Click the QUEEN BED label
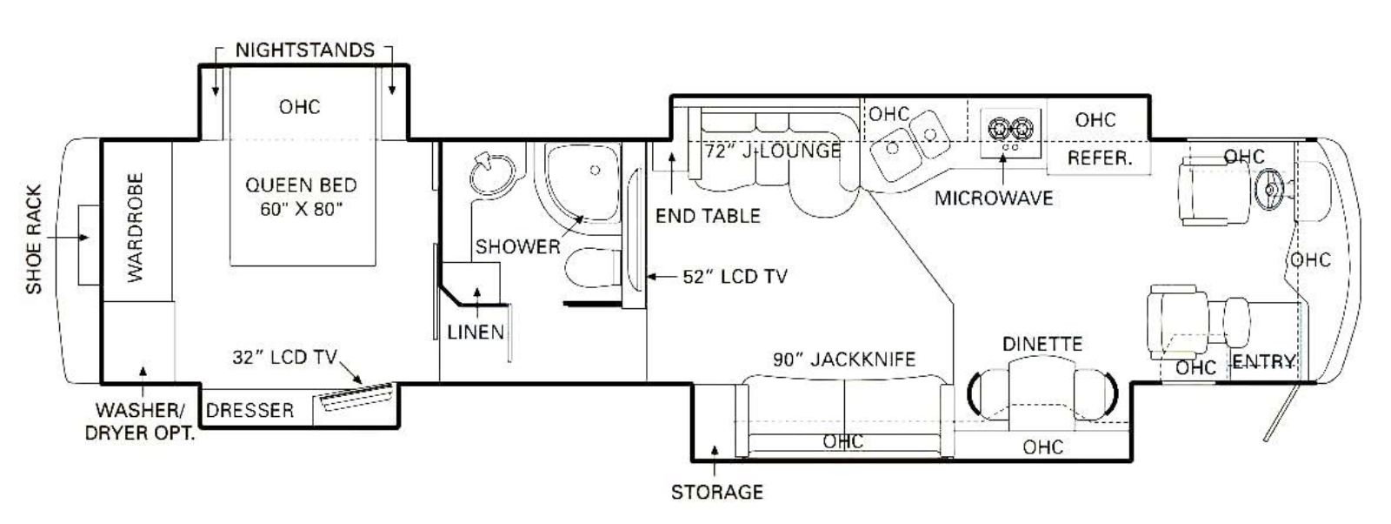301,185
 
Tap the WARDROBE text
136,227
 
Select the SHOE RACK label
34,239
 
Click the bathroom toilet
593,268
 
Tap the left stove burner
998,130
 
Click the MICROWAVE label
995,198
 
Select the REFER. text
1100,158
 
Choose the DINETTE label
1042,344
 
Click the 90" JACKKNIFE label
844,359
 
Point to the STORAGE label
717,493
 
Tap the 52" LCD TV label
735,277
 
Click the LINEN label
476,333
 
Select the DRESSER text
250,410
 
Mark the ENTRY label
1264,362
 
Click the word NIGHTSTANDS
305,50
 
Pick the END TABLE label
708,217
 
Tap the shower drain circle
595,170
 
